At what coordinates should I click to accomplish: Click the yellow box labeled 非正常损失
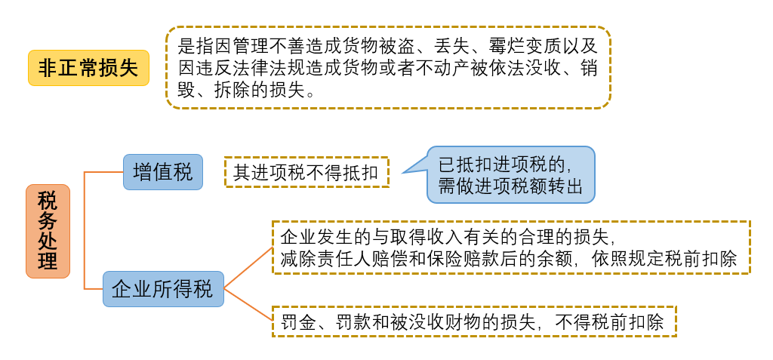(x=88, y=68)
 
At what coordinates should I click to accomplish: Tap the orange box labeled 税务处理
(x=48, y=231)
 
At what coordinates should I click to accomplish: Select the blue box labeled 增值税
(x=163, y=172)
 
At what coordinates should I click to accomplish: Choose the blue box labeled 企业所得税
(x=163, y=289)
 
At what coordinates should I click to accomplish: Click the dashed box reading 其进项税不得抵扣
(x=306, y=172)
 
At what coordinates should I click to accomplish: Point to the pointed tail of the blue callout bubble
(x=402, y=173)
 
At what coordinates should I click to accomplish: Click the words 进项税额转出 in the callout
(x=522, y=187)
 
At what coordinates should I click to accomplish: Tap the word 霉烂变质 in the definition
(x=514, y=47)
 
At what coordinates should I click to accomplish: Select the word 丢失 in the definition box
(x=453, y=47)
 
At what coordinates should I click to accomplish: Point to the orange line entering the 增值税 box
(x=103, y=172)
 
